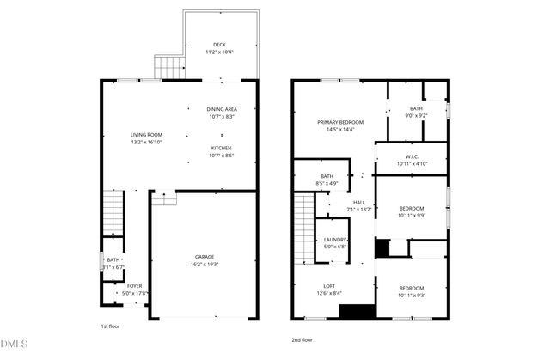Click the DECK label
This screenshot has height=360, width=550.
coord(220,46)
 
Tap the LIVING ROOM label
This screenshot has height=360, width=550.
coord(146,135)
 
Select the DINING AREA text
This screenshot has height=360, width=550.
coord(222,109)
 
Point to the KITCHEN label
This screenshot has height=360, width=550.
coord(222,149)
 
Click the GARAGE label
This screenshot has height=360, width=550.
coord(204,257)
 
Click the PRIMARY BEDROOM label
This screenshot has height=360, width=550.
coord(340,123)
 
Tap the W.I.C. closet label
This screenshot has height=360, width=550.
coord(412,156)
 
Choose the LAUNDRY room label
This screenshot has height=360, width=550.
coord(335,240)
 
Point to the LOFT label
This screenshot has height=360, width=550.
coord(329,286)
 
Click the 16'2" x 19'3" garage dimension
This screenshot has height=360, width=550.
coord(204,264)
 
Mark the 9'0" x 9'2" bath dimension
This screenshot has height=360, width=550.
coord(417,115)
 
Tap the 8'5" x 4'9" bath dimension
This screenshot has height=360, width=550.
coord(327,183)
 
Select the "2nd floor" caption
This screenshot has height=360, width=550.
coord(302,339)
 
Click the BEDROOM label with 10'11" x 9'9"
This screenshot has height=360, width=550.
coord(412,208)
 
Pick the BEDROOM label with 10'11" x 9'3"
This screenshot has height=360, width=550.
coord(412,288)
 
